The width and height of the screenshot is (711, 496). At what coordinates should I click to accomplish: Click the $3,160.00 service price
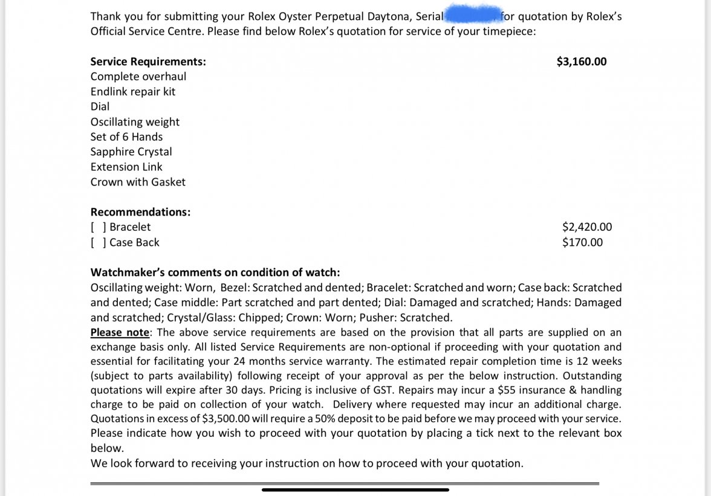(581, 62)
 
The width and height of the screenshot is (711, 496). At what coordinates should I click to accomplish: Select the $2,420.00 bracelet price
(586, 227)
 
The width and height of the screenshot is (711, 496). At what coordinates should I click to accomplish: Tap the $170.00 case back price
(582, 242)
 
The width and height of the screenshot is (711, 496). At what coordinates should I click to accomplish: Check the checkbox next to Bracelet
(99, 227)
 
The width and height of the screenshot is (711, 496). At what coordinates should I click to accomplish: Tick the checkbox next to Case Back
(99, 242)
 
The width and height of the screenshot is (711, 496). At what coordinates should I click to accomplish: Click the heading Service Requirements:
(148, 62)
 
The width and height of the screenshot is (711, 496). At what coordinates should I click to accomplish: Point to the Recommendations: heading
(140, 212)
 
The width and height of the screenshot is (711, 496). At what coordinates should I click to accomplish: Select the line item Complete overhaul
(138, 77)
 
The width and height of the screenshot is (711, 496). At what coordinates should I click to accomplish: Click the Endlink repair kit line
(132, 92)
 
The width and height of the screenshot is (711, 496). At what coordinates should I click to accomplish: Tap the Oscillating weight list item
(135, 122)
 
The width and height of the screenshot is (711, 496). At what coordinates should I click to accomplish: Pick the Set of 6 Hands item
(126, 137)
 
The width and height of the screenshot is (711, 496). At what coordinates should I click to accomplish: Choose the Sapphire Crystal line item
(131, 152)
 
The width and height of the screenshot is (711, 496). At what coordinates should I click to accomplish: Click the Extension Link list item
(126, 167)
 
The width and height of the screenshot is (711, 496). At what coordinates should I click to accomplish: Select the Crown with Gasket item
(138, 182)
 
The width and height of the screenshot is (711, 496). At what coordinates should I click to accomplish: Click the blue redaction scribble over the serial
(472, 15)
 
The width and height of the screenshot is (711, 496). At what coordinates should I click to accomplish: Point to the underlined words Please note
(120, 332)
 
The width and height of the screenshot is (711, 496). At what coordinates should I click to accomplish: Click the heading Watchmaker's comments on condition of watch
(215, 272)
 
